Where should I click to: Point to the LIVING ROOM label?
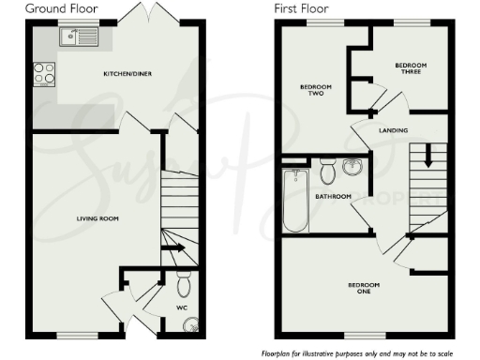coord(97,218)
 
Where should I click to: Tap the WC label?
coord(184,306)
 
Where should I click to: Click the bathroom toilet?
coord(327,172)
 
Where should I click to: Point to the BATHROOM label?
coord(333,197)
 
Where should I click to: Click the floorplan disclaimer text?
coord(366,352)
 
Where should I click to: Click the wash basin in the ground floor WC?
coord(190,326)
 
